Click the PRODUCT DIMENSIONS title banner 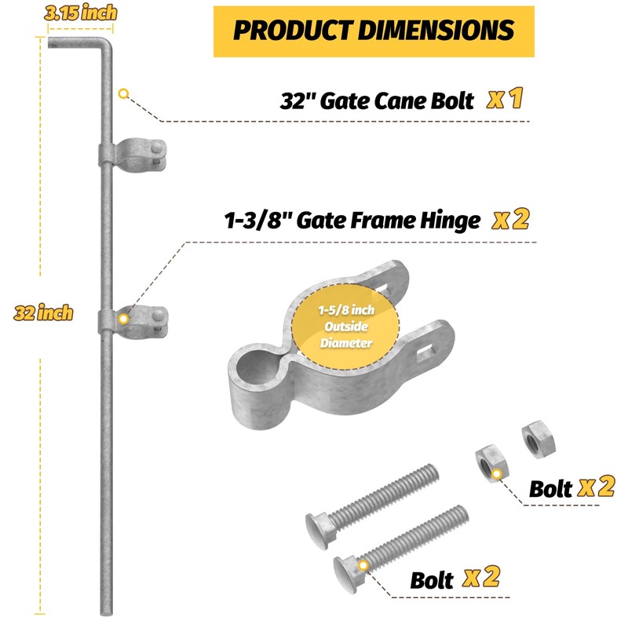tap(374, 30)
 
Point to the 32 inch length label tap(43, 313)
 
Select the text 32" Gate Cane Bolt tap(377, 101)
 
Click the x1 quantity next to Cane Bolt tap(504, 100)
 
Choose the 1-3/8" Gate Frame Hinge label tap(351, 221)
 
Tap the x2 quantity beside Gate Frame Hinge tap(510, 220)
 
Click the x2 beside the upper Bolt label tap(596, 487)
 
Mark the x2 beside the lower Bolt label tap(481, 578)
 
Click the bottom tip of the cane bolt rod tap(107, 612)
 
